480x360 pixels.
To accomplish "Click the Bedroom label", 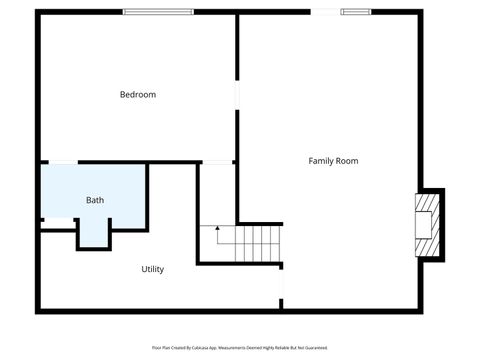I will [138, 95].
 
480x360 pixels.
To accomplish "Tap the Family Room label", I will [333, 161].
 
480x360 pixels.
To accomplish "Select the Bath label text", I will [95, 200].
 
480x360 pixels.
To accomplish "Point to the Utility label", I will [152, 269].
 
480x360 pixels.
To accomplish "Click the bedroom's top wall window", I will [158, 12].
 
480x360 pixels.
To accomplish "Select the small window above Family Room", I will [356, 12].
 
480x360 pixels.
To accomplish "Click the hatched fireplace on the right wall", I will [426, 224].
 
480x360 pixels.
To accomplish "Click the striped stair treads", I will [258, 243].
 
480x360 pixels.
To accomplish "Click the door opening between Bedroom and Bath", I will [63, 162].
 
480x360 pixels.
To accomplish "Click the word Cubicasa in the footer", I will [209, 347].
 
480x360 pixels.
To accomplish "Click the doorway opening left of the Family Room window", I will [325, 12].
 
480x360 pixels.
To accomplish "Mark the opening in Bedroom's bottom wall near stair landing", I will [217, 162].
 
